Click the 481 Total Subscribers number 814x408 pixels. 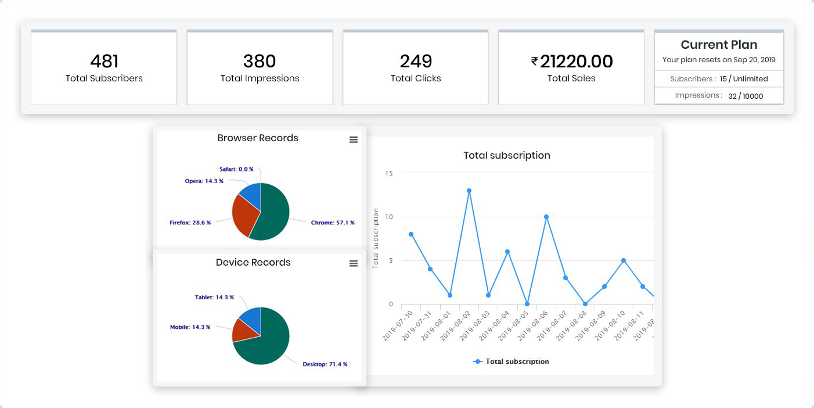click(104, 61)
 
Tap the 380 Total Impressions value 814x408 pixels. click(260, 61)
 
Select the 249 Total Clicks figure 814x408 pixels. click(416, 61)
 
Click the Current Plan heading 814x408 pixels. click(719, 45)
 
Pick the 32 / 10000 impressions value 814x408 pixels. click(745, 96)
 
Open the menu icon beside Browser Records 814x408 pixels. click(354, 139)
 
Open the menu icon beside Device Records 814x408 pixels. click(354, 263)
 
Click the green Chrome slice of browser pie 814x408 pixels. click(273, 215)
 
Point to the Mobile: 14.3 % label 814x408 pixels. click(190, 327)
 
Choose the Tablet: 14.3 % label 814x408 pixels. click(214, 298)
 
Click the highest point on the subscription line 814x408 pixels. click(469, 191)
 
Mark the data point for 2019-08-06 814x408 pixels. click(546, 217)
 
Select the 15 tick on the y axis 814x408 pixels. click(389, 173)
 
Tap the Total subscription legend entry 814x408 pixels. click(512, 362)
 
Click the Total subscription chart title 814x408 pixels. click(507, 155)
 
